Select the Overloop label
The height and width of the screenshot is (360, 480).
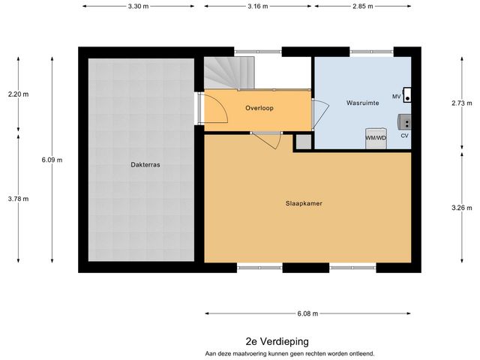tap(259, 108)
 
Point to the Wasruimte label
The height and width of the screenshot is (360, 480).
tap(362, 102)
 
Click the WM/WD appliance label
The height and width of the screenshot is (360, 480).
tap(376, 138)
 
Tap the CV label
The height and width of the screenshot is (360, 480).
tap(404, 136)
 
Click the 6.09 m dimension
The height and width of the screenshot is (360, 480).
tap(52, 160)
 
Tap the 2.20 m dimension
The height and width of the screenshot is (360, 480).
tap(18, 94)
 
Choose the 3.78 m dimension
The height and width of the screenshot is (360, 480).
tap(18, 199)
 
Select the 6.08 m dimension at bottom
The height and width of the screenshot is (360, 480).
tap(307, 313)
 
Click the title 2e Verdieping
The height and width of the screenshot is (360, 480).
tap(277, 340)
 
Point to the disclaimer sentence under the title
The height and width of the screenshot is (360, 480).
tap(289, 352)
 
